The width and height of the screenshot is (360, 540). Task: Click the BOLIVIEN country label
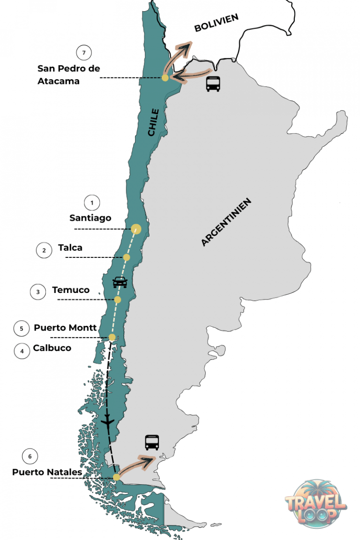pos(217,22)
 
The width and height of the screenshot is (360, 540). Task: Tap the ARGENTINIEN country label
pos(226,222)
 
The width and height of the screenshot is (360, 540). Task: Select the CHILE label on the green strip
pos(153,122)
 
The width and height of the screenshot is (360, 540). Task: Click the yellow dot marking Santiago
pos(136,229)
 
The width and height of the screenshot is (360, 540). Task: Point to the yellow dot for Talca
pos(126,257)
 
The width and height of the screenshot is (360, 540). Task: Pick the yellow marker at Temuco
pos(118,300)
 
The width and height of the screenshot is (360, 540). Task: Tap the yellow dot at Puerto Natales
pos(116,478)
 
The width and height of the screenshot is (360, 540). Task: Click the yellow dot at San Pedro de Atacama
pos(165,78)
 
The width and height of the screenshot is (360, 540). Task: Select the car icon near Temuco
pos(120,282)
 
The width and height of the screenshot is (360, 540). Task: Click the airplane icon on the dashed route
pos(108,421)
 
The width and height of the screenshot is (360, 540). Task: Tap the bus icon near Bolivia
pos(213,84)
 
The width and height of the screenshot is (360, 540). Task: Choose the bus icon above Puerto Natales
pos(152,442)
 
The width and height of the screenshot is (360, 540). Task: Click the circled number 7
pos(84,52)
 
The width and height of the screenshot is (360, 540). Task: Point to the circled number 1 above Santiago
pos(92,202)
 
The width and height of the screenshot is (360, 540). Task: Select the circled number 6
pos(30,456)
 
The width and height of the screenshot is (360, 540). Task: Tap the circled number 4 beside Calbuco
pos(22,351)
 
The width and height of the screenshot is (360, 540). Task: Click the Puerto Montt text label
pos(65,328)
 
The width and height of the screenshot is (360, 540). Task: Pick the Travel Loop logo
pos(315,503)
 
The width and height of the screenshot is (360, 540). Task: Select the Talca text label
pos(70,247)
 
